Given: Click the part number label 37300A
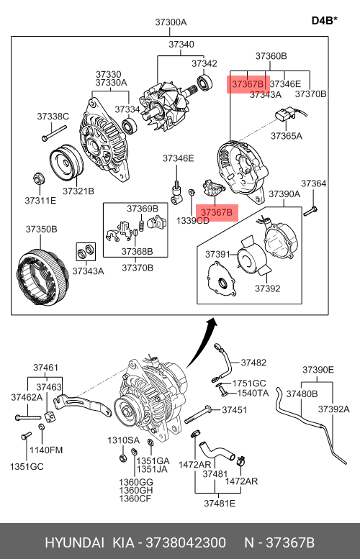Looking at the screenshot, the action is coord(171,22).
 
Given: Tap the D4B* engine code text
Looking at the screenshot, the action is coord(324,20).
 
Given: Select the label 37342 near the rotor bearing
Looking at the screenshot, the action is coord(204,63).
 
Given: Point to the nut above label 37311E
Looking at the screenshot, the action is coord(39,178).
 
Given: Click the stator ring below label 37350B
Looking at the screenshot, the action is coord(42,278).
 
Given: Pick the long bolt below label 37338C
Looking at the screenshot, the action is coord(54,132).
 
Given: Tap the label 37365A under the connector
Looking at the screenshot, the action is coord(286,136).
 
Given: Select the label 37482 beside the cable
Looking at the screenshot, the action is coord(253,363).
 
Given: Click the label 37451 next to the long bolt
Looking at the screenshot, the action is coord(235,409).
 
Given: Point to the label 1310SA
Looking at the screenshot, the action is coord(123,440).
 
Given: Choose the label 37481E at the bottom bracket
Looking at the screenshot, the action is coord(220,503).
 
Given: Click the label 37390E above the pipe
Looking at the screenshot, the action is coord(318,370).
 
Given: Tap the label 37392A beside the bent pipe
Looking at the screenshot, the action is coord(334,409).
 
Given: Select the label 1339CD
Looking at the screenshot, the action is coord(193,221).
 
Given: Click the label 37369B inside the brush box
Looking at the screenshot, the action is coord(143,209).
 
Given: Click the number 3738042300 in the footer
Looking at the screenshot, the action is coord(186,542).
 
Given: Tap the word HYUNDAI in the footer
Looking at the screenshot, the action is coord(75,542).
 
